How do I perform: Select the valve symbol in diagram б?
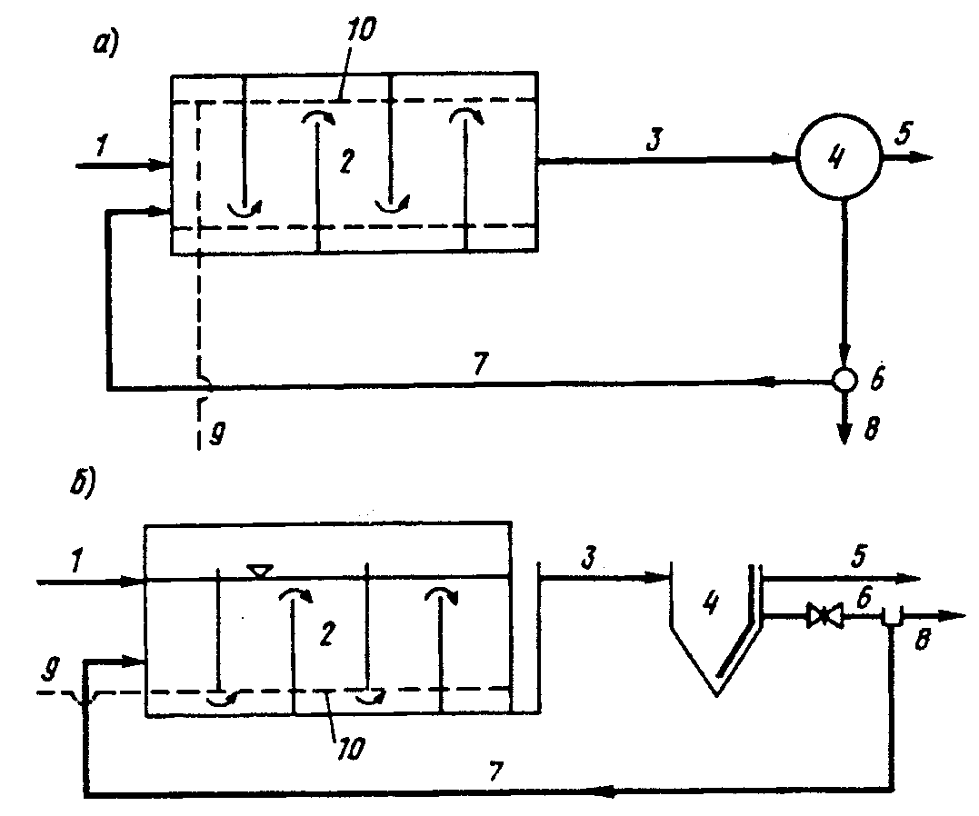pos(824,616)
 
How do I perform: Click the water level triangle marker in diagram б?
pos(259,571)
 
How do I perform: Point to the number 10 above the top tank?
pos(362,29)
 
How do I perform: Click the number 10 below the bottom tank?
pos(351,748)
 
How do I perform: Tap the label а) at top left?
pos(105,45)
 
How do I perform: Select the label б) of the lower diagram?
pos(83,485)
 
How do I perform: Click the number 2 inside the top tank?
pos(347,161)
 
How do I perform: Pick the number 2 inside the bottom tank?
pos(326,633)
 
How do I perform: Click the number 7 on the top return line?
pos(480,364)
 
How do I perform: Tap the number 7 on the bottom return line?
pos(495,771)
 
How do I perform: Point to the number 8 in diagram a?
pos(872,428)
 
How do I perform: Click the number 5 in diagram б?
pos(860,555)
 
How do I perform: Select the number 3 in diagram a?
pos(654,140)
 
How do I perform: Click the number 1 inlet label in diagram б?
pos(76,562)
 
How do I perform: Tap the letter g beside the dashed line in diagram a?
pos(216,433)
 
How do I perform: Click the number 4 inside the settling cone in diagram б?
pos(711,602)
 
